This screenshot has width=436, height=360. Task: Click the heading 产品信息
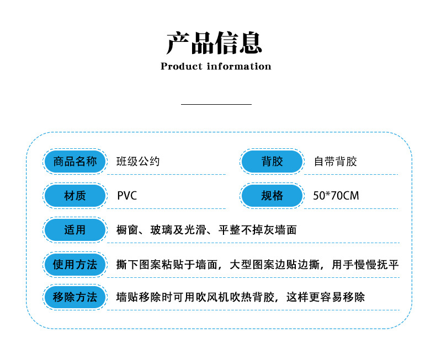click(x=215, y=43)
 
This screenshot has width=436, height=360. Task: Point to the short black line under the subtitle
click(x=216, y=104)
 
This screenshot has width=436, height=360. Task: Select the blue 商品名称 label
click(x=75, y=162)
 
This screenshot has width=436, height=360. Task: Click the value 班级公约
click(x=138, y=162)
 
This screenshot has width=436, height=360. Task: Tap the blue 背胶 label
click(x=272, y=162)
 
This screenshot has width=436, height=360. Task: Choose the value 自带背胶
click(x=335, y=162)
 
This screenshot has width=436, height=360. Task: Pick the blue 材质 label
click(x=75, y=196)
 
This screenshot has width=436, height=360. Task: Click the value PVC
click(x=127, y=196)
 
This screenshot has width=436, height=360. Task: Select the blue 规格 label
click(x=272, y=196)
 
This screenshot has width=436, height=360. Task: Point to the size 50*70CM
click(x=336, y=196)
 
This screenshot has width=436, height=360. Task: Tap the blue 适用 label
click(x=75, y=230)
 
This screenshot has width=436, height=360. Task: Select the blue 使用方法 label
click(x=75, y=265)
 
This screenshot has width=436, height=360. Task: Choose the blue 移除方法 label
click(x=75, y=298)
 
